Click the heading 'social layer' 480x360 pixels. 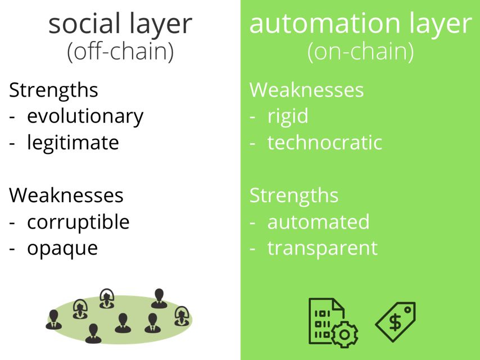click(x=120, y=25)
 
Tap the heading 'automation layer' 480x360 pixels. click(x=361, y=25)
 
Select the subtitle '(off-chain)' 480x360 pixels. click(x=120, y=51)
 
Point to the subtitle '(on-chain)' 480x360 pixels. click(x=361, y=51)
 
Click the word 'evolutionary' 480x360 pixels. click(x=85, y=116)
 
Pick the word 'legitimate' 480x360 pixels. click(x=73, y=143)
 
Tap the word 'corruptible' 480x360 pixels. click(x=78, y=222)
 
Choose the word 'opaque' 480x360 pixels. click(x=62, y=249)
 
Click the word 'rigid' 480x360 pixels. click(x=288, y=116)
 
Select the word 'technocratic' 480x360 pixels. click(x=325, y=143)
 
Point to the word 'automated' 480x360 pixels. click(x=318, y=222)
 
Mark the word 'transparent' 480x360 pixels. click(x=323, y=249)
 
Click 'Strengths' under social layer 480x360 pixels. click(x=53, y=90)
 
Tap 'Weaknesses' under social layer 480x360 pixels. click(x=66, y=195)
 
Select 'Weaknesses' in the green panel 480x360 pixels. click(x=307, y=90)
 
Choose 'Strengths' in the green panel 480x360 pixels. click(x=294, y=196)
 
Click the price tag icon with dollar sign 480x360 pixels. click(x=396, y=322)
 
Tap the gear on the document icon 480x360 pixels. click(x=345, y=335)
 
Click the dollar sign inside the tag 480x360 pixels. click(x=395, y=322)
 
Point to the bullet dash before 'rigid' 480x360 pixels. click(x=252, y=117)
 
